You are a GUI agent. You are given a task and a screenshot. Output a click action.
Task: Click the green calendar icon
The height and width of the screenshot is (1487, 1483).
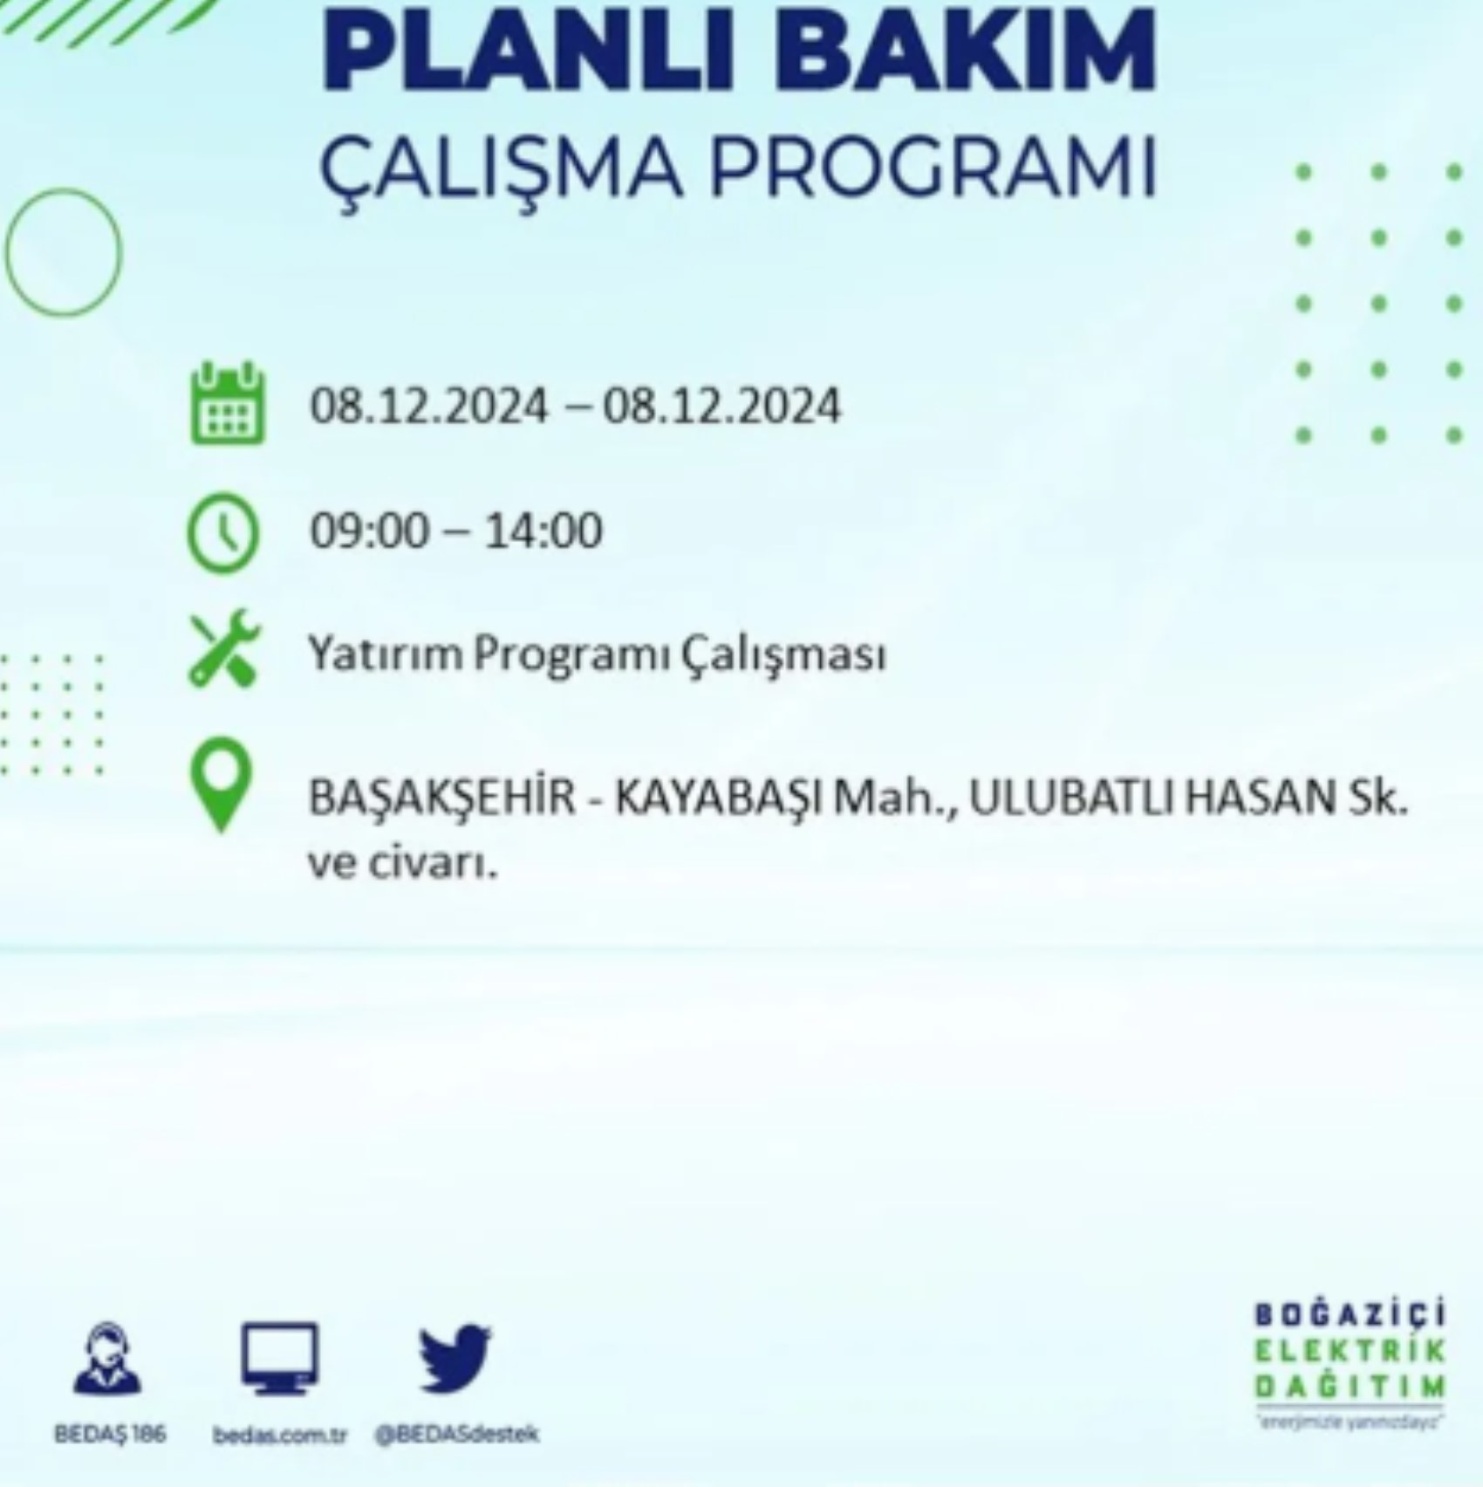[227, 404]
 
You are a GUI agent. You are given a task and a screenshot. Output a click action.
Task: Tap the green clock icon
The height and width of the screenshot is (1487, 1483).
[223, 531]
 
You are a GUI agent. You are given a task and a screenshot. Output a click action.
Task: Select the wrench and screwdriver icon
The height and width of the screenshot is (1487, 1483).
[224, 647]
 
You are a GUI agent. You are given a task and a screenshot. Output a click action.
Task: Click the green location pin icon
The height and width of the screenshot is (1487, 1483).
[222, 784]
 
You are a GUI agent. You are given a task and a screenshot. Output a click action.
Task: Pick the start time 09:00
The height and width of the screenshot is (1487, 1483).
[370, 531]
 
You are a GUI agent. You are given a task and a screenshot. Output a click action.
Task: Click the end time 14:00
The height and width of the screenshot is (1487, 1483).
[543, 531]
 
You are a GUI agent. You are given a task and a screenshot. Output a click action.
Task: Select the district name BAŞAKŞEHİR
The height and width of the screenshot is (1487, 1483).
[442, 798]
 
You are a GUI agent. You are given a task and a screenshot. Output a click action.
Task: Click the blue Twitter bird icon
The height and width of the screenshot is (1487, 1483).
[454, 1360]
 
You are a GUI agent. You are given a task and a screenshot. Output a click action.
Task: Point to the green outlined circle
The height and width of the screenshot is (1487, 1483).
[63, 251]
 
